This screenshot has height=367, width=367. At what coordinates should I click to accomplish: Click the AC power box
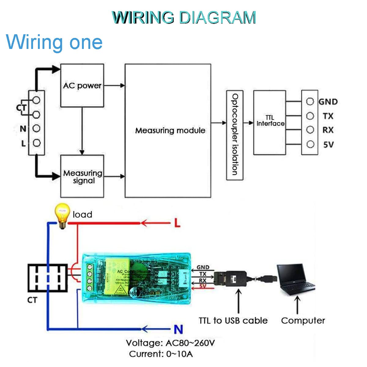[82, 86]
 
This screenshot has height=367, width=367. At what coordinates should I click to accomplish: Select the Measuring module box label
[170, 131]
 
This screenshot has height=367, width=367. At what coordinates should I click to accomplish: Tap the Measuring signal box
[82, 176]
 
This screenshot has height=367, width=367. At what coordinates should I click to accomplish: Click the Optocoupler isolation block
[235, 135]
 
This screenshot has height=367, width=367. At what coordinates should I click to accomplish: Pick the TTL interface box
[269, 122]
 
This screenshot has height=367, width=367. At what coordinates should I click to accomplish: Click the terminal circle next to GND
[310, 102]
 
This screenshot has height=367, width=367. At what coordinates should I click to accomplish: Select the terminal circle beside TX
[310, 116]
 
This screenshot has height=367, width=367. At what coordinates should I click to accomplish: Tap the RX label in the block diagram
[328, 130]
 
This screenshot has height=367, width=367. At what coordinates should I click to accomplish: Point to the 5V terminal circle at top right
[310, 144]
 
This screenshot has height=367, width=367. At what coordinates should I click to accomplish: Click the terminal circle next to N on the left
[36, 128]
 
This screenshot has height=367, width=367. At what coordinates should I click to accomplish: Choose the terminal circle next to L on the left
[36, 143]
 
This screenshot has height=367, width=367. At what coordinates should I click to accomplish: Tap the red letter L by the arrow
[177, 223]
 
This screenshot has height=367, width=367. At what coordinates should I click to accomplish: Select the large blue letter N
[178, 329]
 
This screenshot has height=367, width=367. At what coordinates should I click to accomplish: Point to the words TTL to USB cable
[233, 321]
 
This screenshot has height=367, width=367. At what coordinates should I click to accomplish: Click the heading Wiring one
[54, 42]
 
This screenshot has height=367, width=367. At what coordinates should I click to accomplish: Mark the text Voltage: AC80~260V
[170, 343]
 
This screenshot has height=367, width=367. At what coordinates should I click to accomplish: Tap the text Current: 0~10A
[161, 354]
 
